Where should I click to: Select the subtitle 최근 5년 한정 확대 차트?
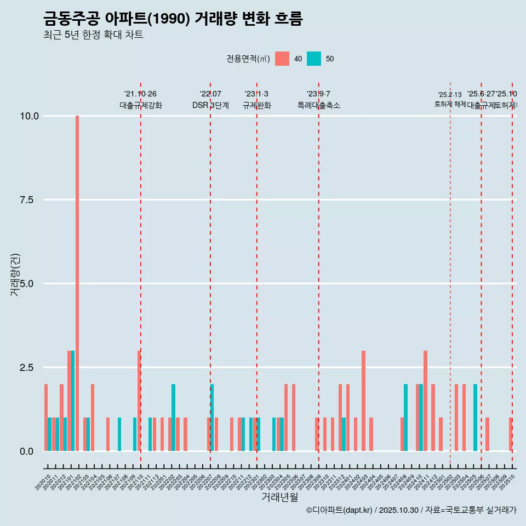[93, 36]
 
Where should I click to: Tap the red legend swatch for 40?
[282, 59]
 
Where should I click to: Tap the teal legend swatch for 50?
[314, 59]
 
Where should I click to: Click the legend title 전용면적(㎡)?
[248, 59]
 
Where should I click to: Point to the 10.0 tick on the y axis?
[30, 116]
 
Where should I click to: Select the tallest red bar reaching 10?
[77, 283]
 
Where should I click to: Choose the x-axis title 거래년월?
[279, 497]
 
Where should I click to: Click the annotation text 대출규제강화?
[141, 105]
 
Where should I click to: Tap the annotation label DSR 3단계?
[210, 105]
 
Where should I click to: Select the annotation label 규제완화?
[257, 105]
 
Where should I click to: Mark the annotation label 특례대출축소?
[319, 105]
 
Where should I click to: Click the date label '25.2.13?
[450, 95]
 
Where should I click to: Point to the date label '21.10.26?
[140, 94]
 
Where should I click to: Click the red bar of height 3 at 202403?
[363, 401]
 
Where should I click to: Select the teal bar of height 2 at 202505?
[476, 418]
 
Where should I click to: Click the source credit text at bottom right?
[411, 511]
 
